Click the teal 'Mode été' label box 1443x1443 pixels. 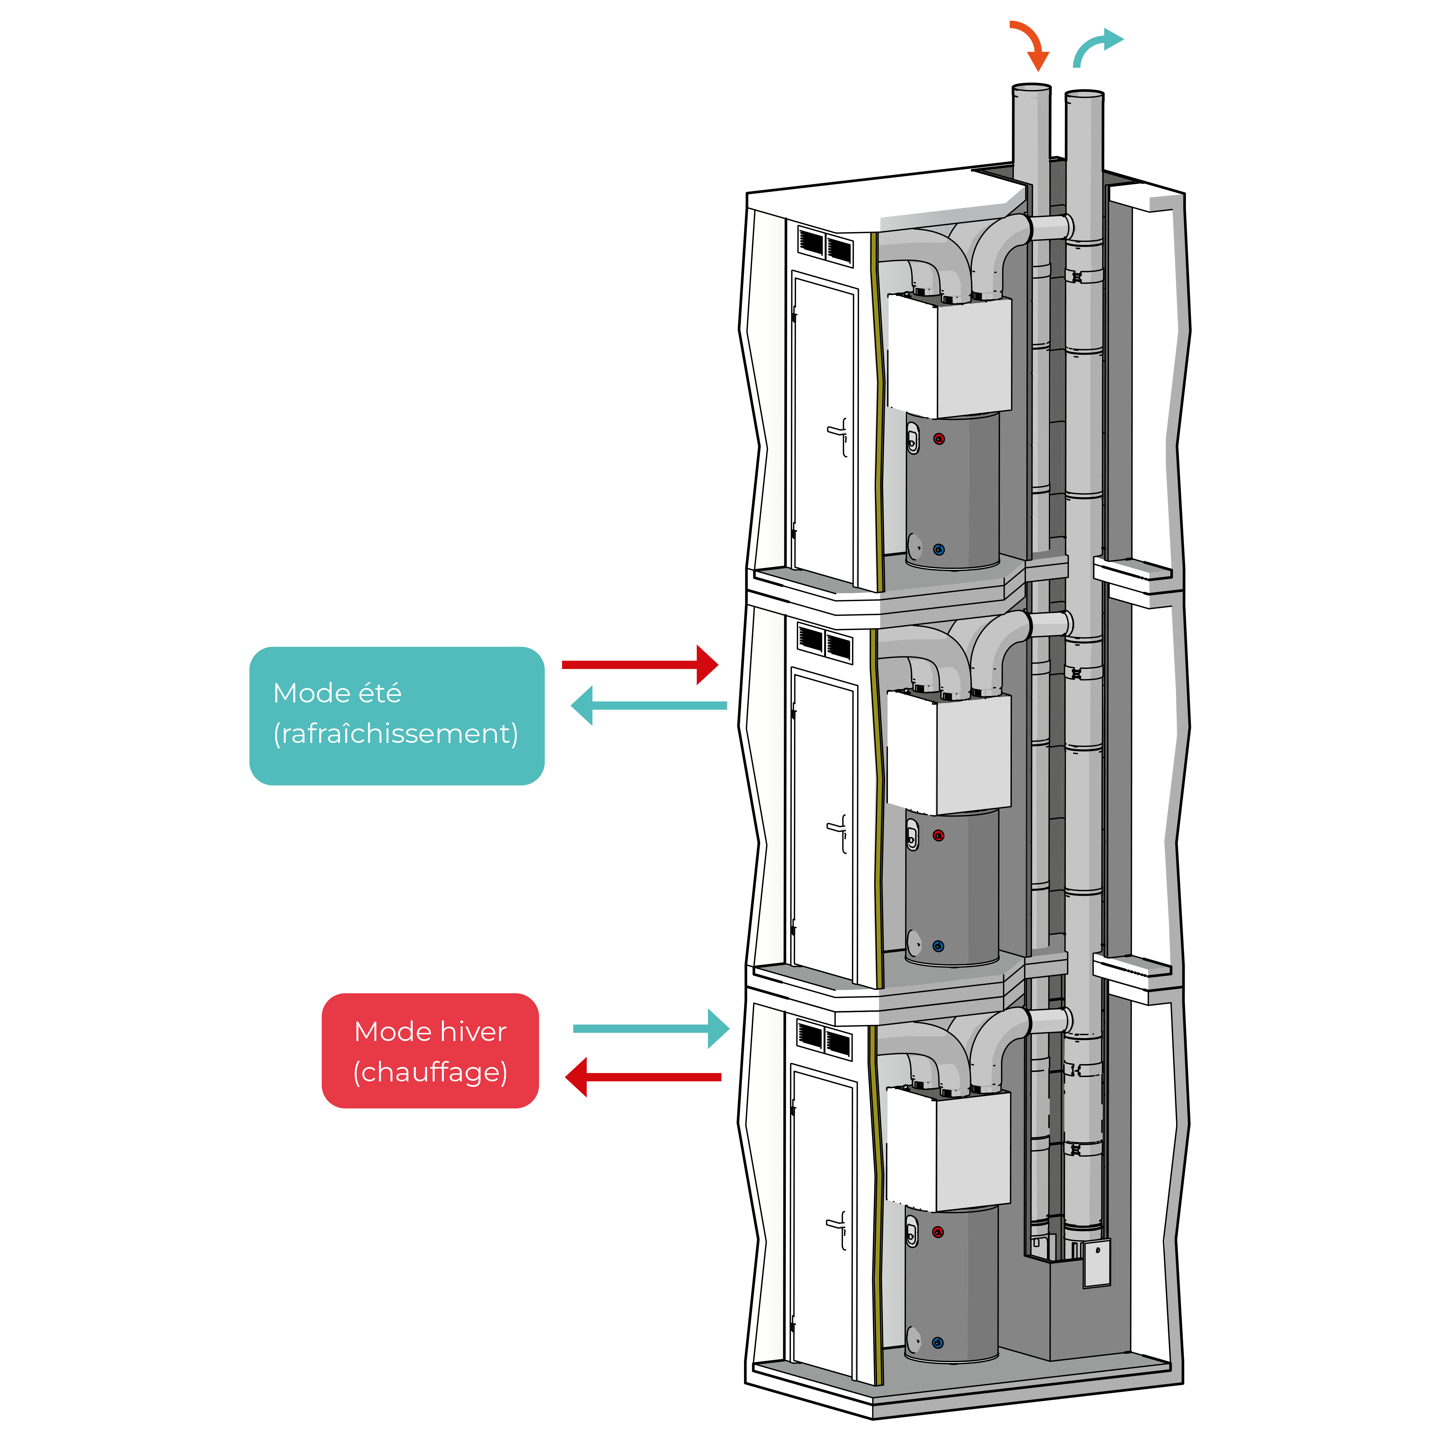(397, 715)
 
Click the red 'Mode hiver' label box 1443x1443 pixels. (430, 1051)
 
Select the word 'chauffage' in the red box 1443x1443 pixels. (430, 1072)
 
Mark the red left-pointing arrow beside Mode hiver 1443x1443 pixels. (643, 1077)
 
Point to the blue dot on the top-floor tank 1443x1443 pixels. (939, 550)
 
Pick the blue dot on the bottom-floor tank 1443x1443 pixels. (938, 1343)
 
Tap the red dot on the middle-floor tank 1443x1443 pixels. (939, 835)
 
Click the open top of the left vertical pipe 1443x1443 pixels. (1031, 88)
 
